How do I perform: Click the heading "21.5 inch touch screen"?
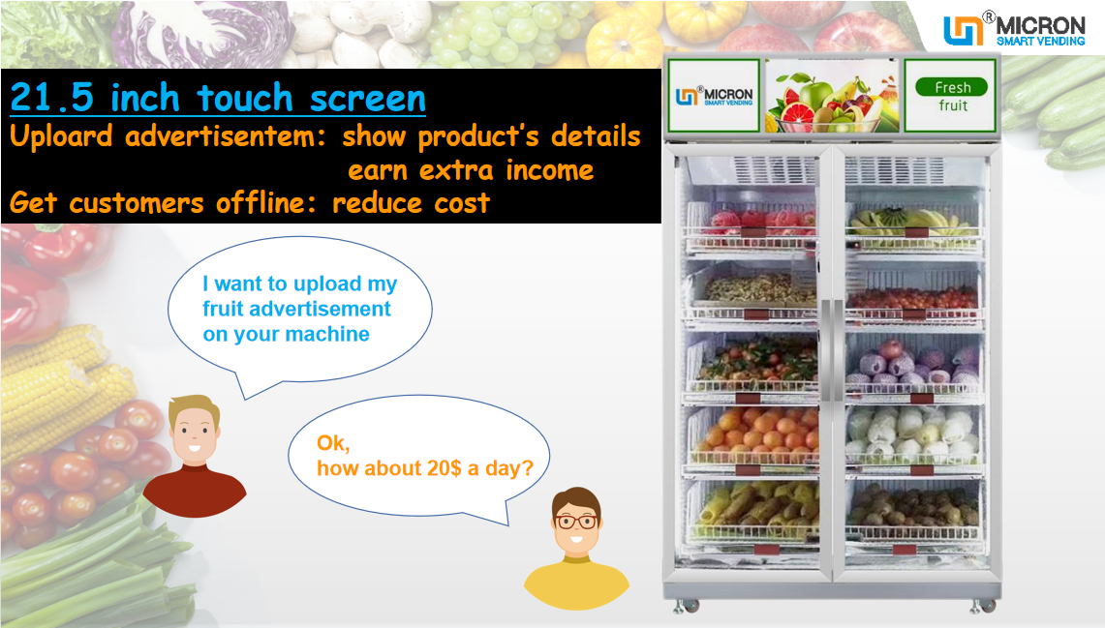point(218,98)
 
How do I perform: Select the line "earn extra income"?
point(471,170)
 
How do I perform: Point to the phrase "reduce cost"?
point(411,203)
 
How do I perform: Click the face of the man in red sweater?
point(194,432)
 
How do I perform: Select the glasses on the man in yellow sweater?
point(577,521)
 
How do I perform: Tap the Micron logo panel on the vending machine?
point(715,95)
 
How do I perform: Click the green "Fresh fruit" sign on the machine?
point(952,95)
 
